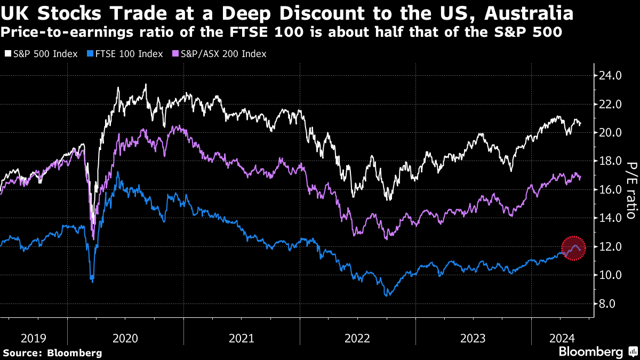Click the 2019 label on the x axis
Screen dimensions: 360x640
point(34,338)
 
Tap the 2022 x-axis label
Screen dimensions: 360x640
point(357,338)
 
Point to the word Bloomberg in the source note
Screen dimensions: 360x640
point(74,353)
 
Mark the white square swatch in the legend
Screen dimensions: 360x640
point(7,54)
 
